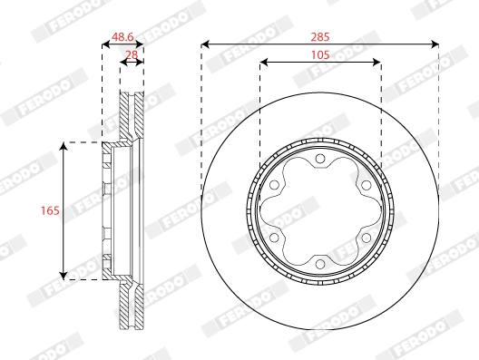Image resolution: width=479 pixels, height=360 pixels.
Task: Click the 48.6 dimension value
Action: [x=122, y=37]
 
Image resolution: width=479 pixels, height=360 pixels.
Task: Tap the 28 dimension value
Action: [x=132, y=55]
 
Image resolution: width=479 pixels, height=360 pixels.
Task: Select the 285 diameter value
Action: [x=320, y=37]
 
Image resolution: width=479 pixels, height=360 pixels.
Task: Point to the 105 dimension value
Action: [x=320, y=55]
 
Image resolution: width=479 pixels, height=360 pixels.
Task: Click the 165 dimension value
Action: [x=50, y=210]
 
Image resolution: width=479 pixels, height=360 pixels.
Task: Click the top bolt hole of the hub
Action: [x=320, y=159]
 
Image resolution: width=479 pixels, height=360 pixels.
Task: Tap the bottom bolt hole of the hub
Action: [x=320, y=264]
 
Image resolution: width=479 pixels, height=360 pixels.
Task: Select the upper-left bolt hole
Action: [x=274, y=185]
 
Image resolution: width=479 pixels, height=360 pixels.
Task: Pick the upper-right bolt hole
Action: [x=366, y=185]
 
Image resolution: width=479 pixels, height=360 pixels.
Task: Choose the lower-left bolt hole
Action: [x=274, y=238]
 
